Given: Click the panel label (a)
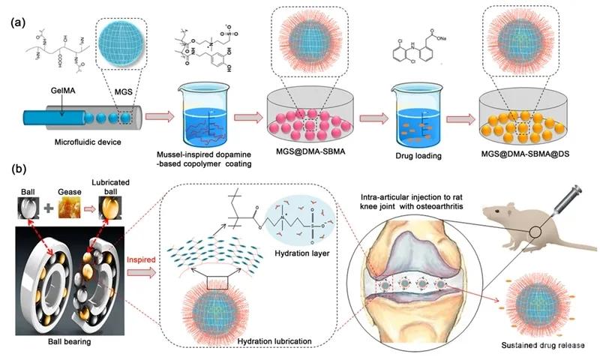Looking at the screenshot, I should [x=16, y=22].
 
